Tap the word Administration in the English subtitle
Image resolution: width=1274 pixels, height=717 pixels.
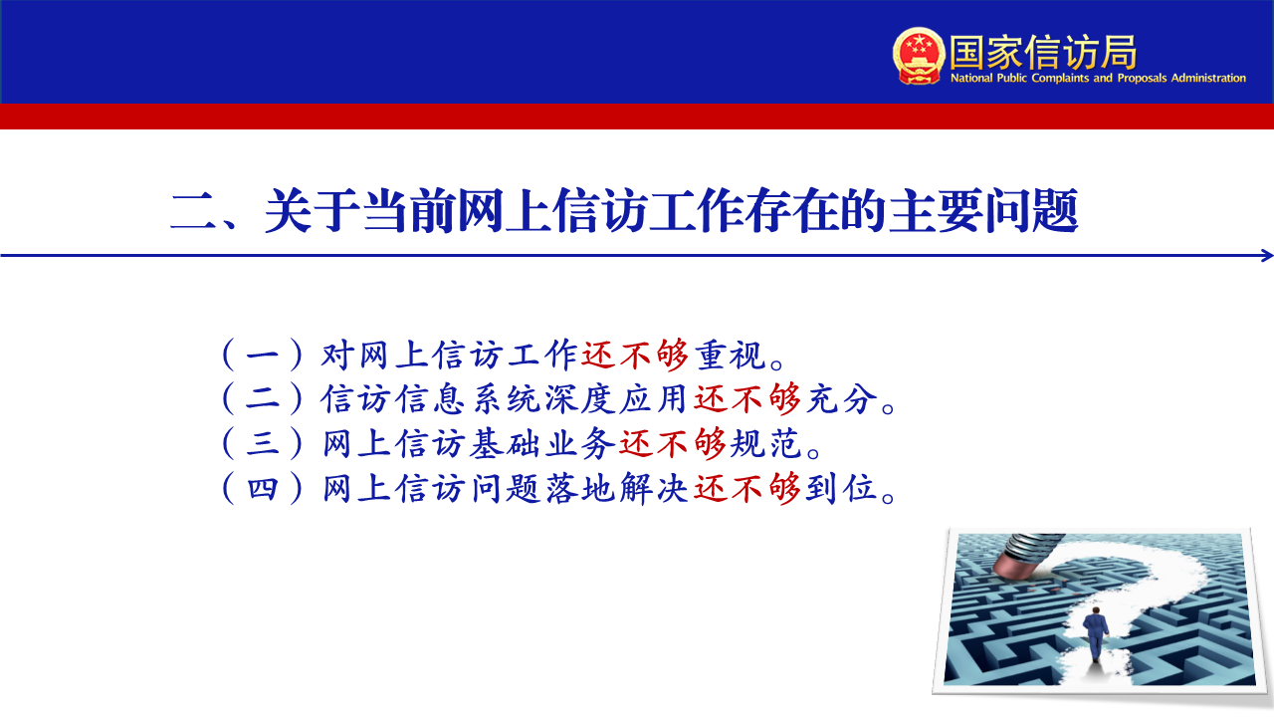(x=1208, y=78)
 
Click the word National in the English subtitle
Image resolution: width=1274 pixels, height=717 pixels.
(x=971, y=78)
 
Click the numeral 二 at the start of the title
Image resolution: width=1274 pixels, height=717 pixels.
(x=193, y=212)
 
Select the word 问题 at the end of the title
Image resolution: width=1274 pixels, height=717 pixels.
(x=1031, y=211)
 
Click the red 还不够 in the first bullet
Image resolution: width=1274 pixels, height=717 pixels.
(x=635, y=356)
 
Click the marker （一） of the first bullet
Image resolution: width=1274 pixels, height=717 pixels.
(x=262, y=356)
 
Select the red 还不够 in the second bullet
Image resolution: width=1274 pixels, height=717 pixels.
(x=747, y=398)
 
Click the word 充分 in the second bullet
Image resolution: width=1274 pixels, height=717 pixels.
(x=842, y=398)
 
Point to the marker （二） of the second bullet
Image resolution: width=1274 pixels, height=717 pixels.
(x=262, y=398)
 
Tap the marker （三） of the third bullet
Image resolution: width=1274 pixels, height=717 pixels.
(x=262, y=443)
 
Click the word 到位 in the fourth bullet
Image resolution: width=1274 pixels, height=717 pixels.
(x=842, y=488)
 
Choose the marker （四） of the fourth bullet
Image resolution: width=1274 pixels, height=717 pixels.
(x=262, y=488)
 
